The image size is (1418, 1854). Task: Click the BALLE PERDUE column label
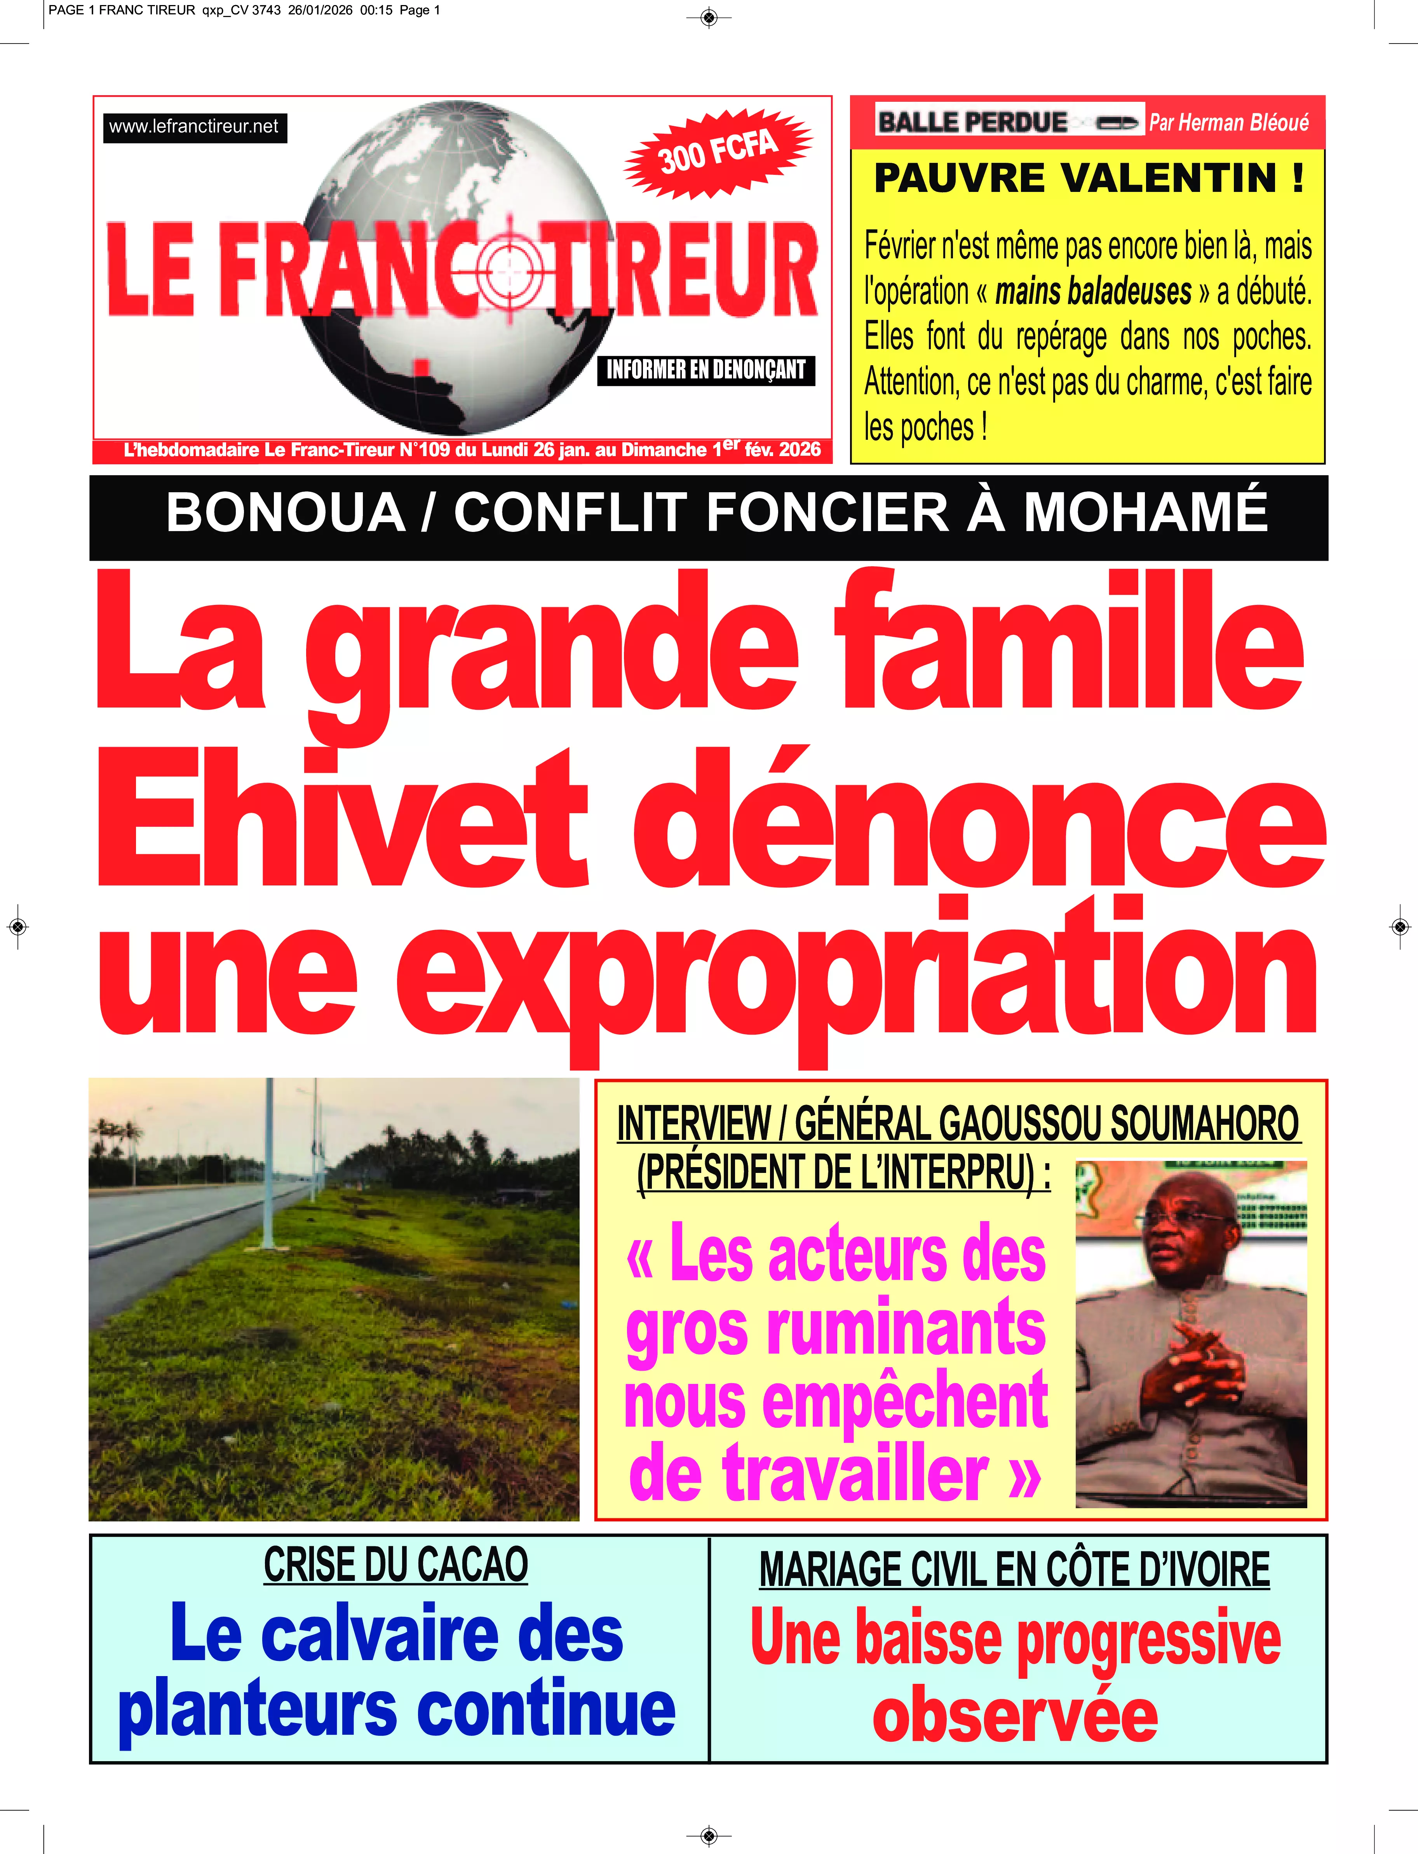972,122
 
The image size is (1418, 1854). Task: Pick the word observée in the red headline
1016,1716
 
